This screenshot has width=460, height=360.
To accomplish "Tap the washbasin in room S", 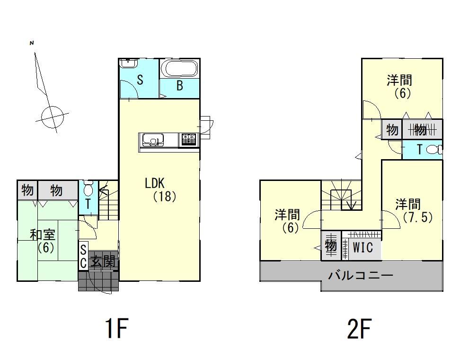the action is (x=128, y=63).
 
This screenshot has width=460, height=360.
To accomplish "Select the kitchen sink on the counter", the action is (x=153, y=139).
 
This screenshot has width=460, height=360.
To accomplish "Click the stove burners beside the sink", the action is (x=189, y=139).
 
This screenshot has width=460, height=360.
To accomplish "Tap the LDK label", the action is (x=155, y=183).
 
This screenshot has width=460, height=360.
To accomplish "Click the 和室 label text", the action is (x=43, y=235).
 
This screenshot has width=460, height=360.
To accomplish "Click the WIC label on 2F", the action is (x=363, y=247).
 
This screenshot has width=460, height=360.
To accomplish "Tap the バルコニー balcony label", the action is (x=361, y=275).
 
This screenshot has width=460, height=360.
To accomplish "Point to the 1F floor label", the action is (x=116, y=328).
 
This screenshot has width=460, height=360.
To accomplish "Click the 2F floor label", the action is (x=360, y=328).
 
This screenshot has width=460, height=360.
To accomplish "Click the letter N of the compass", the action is (x=32, y=43).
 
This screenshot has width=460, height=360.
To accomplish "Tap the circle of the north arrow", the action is (x=53, y=117).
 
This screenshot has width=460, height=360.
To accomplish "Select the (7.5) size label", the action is (x=418, y=217).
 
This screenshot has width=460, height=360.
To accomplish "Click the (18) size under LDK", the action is (x=165, y=197).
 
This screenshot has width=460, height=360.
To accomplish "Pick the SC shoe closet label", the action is (x=83, y=256).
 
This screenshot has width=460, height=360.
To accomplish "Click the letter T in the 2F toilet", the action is (x=419, y=150).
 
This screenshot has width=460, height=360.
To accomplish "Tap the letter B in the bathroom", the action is (x=180, y=85).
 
